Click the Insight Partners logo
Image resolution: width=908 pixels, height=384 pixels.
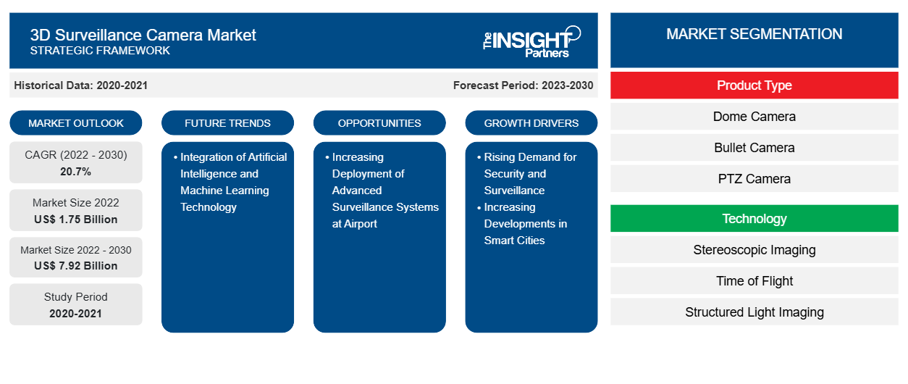[x=531, y=41]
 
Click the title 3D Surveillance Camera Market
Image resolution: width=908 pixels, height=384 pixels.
[x=143, y=34]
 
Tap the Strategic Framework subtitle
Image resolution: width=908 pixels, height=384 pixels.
[x=100, y=51]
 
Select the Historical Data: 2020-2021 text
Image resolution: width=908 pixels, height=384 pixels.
[x=80, y=85]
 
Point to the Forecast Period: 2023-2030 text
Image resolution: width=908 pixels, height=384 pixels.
[x=523, y=85]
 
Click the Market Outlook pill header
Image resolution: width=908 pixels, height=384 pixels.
[x=76, y=123]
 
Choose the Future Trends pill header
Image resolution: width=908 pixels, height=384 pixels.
[x=227, y=123]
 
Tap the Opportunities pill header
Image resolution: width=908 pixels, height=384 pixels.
[x=379, y=123]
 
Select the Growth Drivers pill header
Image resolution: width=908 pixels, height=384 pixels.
[x=531, y=123]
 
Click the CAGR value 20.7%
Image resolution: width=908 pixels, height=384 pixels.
[x=76, y=172]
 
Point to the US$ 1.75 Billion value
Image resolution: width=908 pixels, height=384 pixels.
[x=76, y=219]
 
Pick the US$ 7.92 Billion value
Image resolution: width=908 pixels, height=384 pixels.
[x=76, y=266]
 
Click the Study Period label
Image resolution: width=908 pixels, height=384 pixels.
[x=76, y=297]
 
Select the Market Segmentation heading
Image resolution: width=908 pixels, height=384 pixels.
[x=754, y=34]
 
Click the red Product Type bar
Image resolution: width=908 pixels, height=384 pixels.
[x=754, y=85]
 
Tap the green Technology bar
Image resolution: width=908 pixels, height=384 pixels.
[x=754, y=219]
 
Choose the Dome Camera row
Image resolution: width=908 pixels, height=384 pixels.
[x=754, y=117]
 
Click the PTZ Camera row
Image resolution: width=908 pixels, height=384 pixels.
[x=754, y=179]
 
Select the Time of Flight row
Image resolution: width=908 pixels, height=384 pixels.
[x=754, y=281]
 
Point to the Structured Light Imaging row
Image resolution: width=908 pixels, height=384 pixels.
[x=754, y=312]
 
